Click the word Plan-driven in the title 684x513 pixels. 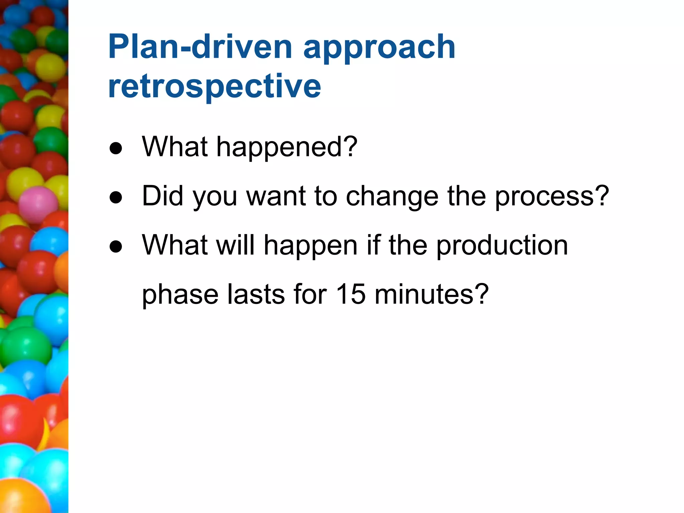click(x=200, y=47)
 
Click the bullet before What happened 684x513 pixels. click(x=116, y=148)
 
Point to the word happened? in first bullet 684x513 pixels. click(x=287, y=147)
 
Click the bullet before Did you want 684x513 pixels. click(x=116, y=197)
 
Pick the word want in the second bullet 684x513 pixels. click(x=276, y=196)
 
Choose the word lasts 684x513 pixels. click(x=256, y=294)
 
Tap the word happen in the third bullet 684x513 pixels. click(x=311, y=246)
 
